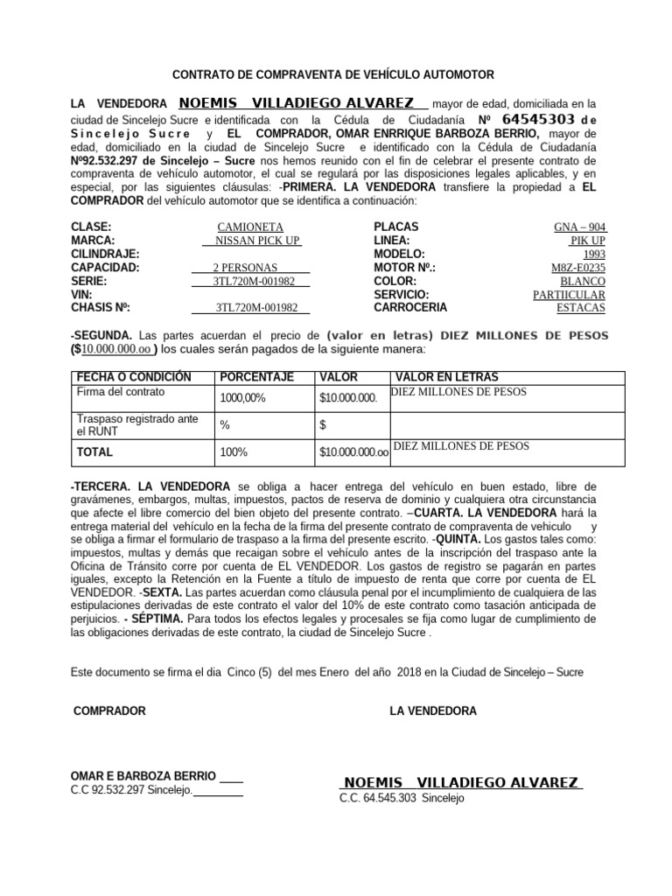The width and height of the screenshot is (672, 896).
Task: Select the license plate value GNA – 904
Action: [x=579, y=227]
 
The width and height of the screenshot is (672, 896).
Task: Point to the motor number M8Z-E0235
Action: [x=578, y=268]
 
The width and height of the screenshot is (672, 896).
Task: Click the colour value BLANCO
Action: [x=582, y=281]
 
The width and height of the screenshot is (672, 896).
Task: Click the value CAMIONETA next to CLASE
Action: [x=252, y=227]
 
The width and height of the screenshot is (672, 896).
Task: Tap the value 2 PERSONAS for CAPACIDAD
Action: [x=245, y=268]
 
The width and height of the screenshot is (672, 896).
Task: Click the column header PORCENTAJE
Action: [x=256, y=377]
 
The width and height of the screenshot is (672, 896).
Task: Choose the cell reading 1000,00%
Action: [x=242, y=398]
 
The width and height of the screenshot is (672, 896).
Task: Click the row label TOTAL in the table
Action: [x=94, y=452]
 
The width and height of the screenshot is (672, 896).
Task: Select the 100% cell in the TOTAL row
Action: [x=234, y=452]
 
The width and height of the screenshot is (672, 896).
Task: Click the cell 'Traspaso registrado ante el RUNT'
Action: [x=137, y=425]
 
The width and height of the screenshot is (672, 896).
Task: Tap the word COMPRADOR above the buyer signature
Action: [x=109, y=710]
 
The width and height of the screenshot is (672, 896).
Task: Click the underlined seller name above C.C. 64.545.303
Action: [x=460, y=782]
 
